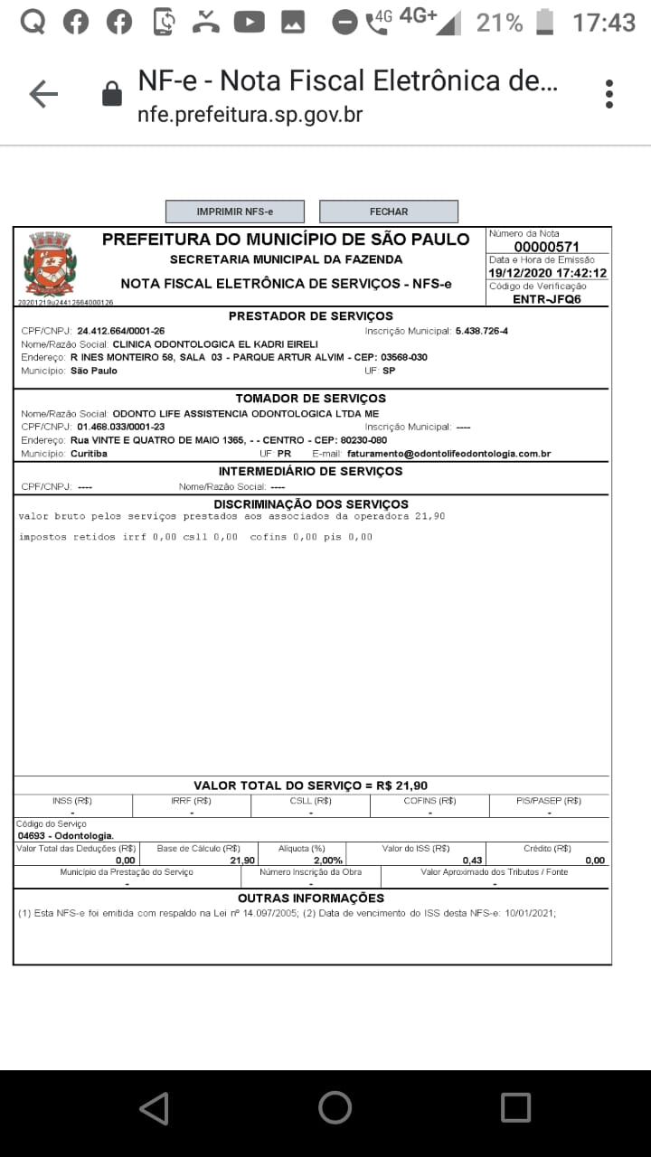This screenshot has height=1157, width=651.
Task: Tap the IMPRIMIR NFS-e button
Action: pos(234,212)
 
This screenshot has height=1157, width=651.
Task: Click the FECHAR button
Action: pos(389,212)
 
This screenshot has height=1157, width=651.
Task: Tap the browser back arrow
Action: pos(43,94)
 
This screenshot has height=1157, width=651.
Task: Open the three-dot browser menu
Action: pos(609,94)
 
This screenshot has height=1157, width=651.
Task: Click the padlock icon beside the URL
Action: pos(112,94)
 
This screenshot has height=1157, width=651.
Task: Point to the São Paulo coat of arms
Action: pos(50,263)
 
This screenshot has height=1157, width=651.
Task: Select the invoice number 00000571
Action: pos(546,247)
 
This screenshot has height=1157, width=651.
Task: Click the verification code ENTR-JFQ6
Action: pos(546,298)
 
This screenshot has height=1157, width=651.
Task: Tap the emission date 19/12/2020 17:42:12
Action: pos(547,273)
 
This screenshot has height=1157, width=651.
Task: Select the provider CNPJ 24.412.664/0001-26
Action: pos(120,331)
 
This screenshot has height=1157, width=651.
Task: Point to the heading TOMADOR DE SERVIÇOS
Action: pos(310,399)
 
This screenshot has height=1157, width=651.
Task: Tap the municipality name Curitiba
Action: pos(89,454)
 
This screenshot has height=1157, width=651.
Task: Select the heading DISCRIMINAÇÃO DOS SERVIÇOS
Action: pos(310,504)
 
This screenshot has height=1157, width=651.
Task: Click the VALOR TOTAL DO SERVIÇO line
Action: pos(310,785)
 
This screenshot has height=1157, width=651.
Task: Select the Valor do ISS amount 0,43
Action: pos(472,861)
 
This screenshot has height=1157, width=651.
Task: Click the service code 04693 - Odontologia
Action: pos(66,836)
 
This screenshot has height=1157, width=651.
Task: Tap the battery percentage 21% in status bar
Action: pos(499,23)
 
